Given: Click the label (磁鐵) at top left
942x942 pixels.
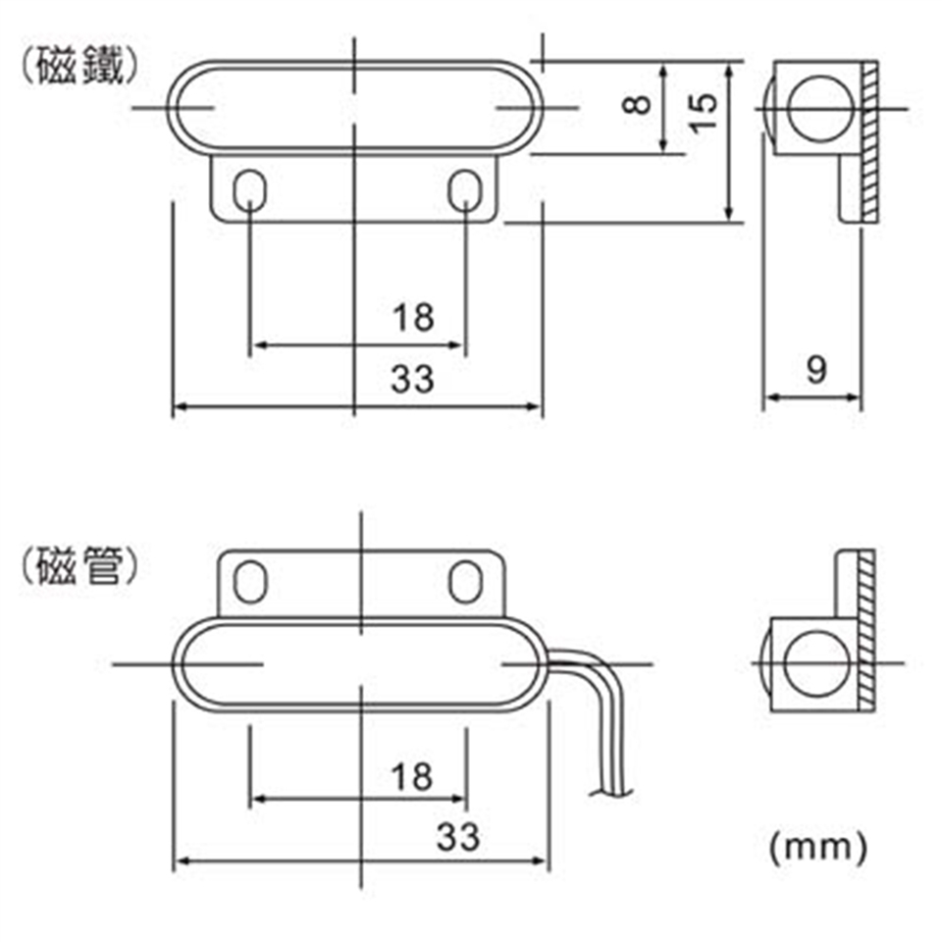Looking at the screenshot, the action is pyautogui.click(x=79, y=66).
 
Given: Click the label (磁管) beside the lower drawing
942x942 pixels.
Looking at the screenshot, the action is pyautogui.click(x=79, y=566).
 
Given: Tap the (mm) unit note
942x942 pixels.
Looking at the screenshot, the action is pyautogui.click(x=818, y=847).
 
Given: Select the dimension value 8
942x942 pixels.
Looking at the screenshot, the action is pyautogui.click(x=637, y=105).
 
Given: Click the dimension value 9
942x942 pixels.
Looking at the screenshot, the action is pyautogui.click(x=815, y=370).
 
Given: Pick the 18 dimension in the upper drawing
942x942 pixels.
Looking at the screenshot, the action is pyautogui.click(x=413, y=317).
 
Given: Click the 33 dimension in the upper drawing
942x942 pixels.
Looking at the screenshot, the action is pyautogui.click(x=413, y=379).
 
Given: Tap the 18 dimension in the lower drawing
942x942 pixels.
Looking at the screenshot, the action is pyautogui.click(x=412, y=775).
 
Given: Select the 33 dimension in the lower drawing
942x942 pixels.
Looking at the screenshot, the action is pyautogui.click(x=458, y=837).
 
